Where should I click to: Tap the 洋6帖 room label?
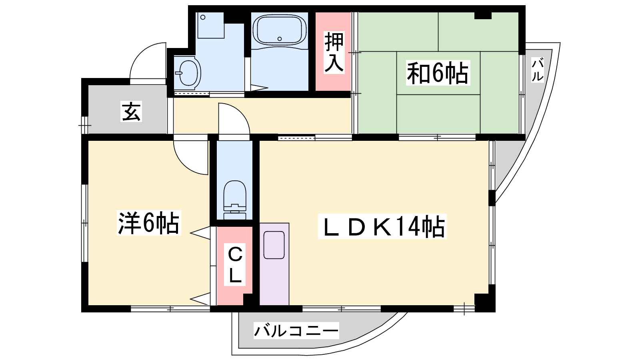click(x=148, y=222)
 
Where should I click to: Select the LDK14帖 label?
click(x=382, y=226)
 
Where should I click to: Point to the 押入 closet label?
click(x=334, y=52)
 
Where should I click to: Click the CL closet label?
click(x=235, y=264)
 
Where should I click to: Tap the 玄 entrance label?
click(x=131, y=111)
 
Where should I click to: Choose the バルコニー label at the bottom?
click(x=296, y=330)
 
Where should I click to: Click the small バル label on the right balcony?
click(x=538, y=70)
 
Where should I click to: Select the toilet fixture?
click(x=234, y=200)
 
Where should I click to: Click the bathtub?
click(x=280, y=30)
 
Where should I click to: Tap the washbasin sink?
click(x=188, y=72)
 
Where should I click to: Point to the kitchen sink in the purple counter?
click(x=274, y=245)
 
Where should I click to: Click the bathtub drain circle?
click(x=280, y=39)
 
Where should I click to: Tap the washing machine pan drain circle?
click(x=203, y=18)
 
